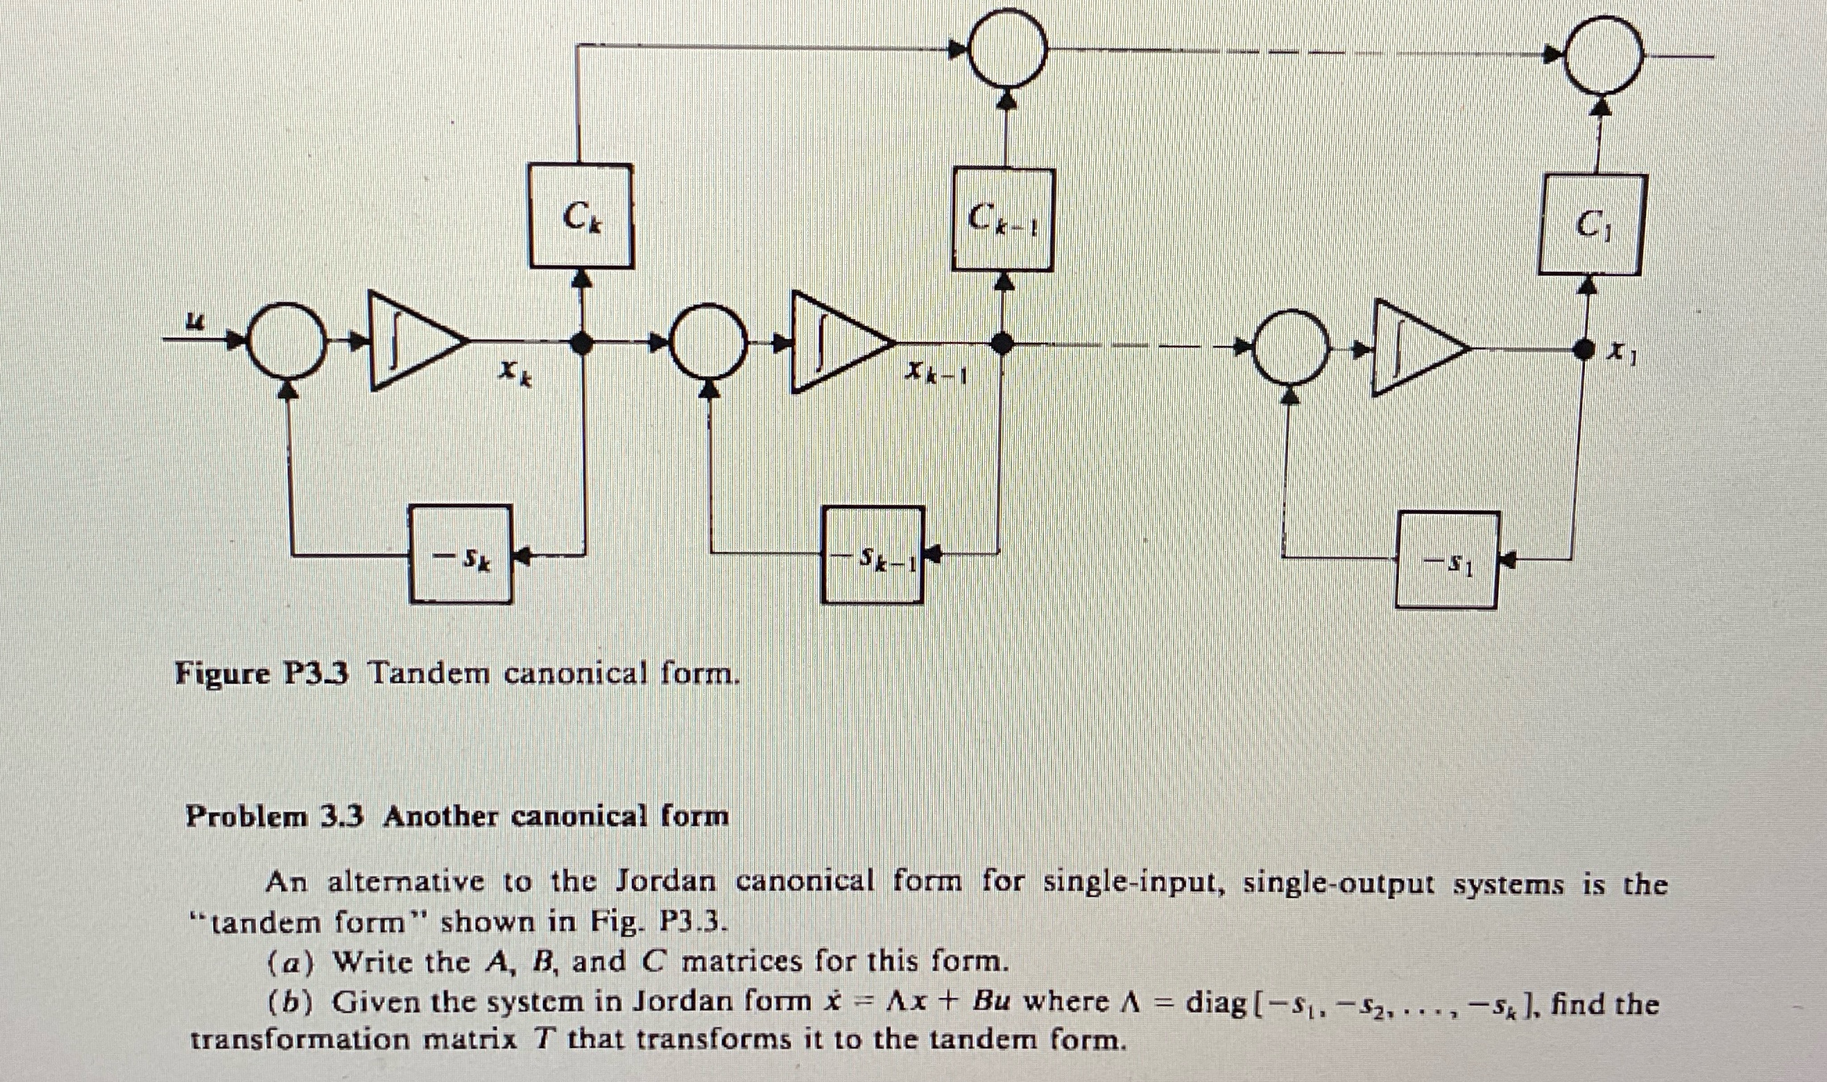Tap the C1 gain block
pos(1589,225)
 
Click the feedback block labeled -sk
pos(460,556)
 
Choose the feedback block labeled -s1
pos(1446,560)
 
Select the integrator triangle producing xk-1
pos(837,343)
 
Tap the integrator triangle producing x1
pos(1414,347)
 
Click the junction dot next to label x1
pos(1583,350)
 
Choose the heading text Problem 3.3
pos(274,816)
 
